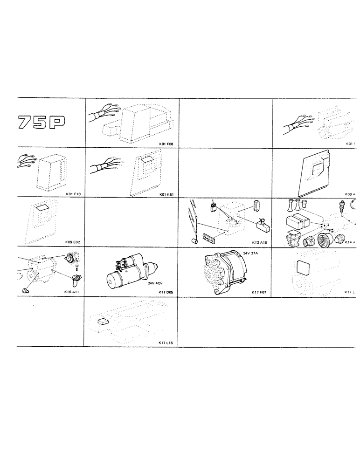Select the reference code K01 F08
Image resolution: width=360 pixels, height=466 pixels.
point(167,144)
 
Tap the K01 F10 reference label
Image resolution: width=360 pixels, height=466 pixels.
point(73,193)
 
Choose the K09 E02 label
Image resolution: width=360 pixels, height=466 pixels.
point(73,242)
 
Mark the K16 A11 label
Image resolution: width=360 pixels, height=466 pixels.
point(73,292)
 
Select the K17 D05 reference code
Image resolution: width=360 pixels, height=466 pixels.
point(166,292)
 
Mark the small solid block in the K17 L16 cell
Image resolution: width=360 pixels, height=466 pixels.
point(103,321)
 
